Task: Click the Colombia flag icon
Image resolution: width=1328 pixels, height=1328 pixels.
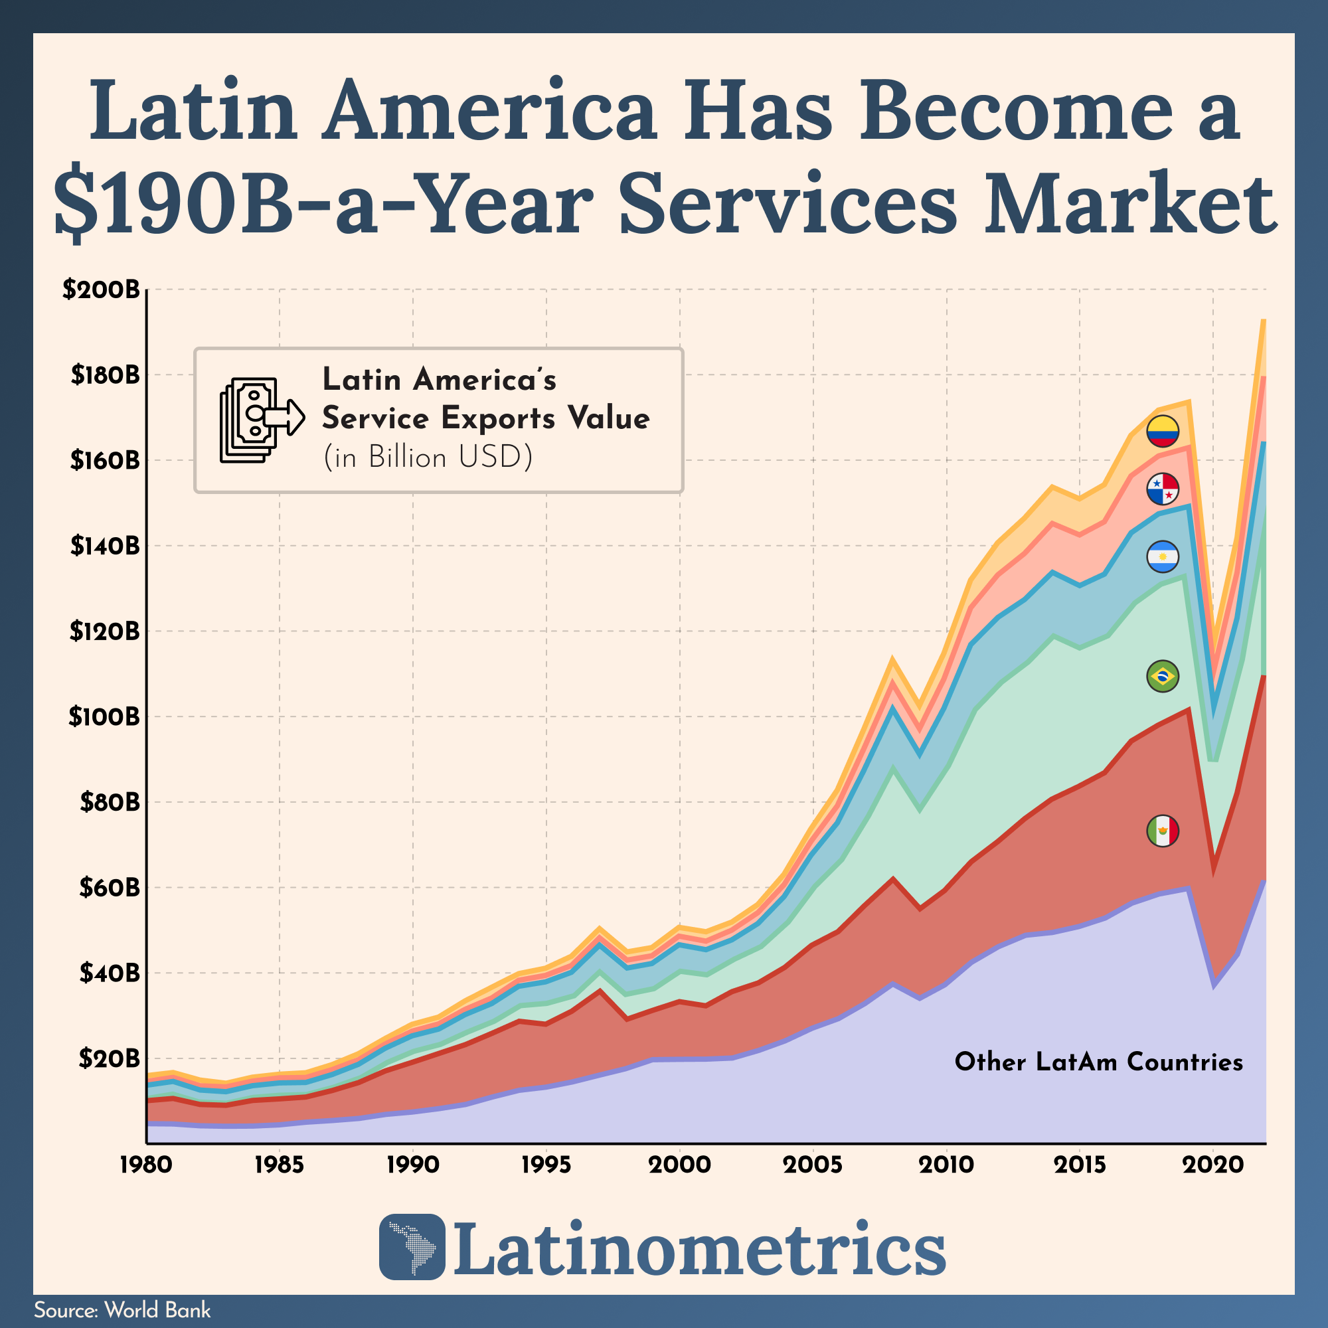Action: (1163, 431)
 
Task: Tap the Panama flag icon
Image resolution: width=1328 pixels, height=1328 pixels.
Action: (1163, 489)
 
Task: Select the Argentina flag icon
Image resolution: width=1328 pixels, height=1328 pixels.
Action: (1163, 557)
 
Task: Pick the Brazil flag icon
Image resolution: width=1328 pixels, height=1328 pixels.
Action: (1163, 677)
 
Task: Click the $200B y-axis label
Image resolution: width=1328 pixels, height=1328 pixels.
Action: (101, 290)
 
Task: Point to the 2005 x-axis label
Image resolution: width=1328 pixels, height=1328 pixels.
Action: (814, 1165)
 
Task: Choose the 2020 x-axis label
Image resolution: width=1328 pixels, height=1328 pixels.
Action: (1214, 1165)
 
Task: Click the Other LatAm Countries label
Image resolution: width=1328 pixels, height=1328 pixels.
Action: (1098, 1062)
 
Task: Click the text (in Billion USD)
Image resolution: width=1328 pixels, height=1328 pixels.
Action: (428, 457)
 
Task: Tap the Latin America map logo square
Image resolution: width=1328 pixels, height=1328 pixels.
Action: (412, 1247)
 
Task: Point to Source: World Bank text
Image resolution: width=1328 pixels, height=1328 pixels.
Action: (122, 1310)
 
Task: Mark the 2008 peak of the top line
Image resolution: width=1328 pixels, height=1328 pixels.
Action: (892, 660)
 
